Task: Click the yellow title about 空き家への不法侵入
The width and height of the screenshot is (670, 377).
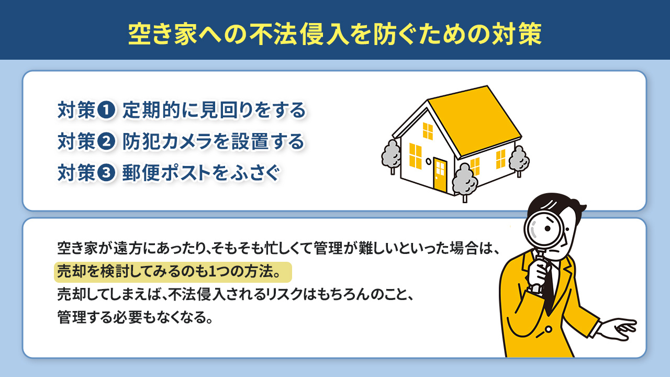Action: point(335,34)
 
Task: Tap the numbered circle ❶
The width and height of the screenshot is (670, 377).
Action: point(106,110)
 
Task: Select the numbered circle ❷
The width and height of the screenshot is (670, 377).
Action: point(106,141)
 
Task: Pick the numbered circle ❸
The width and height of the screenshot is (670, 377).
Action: point(106,173)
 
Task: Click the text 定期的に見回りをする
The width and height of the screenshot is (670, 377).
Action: point(214,110)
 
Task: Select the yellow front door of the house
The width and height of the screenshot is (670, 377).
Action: point(440,174)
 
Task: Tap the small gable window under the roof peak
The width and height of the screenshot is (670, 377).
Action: point(428,131)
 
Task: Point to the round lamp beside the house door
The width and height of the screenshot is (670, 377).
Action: point(428,161)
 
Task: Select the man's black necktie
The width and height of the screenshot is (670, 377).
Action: point(549,285)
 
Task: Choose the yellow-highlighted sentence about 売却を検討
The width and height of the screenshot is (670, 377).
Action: point(172,273)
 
